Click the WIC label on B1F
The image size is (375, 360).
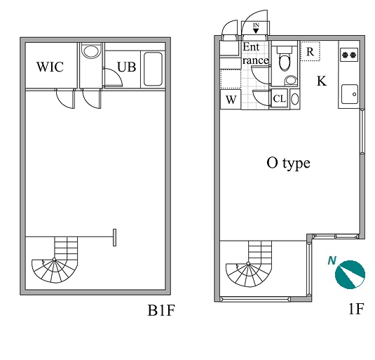50,67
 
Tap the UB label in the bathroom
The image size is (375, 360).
126,67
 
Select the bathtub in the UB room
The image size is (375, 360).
153,69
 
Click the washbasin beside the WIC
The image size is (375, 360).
90,51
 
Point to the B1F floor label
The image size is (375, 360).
161,310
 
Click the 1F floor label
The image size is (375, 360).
356,309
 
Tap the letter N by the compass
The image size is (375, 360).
332,260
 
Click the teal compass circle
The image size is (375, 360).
350,274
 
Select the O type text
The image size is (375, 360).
288,164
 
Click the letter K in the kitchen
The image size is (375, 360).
322,81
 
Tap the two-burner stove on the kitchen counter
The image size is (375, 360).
349,55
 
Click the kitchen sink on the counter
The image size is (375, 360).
350,94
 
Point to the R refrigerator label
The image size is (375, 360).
310,51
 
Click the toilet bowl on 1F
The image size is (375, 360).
285,62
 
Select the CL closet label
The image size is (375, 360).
280,98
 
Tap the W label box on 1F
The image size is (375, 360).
231,100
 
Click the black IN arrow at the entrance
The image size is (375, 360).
256,31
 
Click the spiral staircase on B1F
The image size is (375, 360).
55,260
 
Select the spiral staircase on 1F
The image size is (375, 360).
249,264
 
